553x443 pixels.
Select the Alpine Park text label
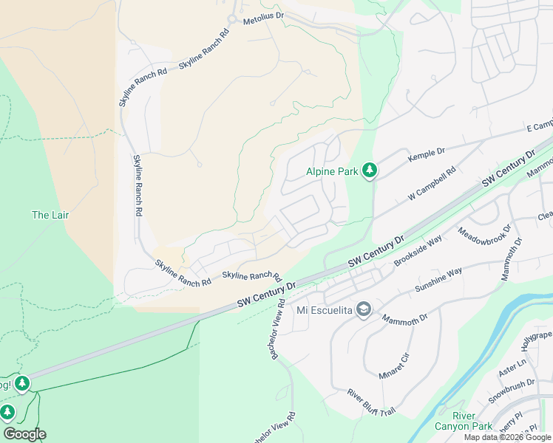332,171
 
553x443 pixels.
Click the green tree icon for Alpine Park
370,171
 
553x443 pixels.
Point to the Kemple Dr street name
427,154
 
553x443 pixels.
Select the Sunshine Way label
438,280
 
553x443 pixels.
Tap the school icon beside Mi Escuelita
364,309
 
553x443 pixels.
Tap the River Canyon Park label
473,421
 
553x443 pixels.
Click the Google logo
24,434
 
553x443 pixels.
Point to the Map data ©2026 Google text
507,437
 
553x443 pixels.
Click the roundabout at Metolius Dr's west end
231,19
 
